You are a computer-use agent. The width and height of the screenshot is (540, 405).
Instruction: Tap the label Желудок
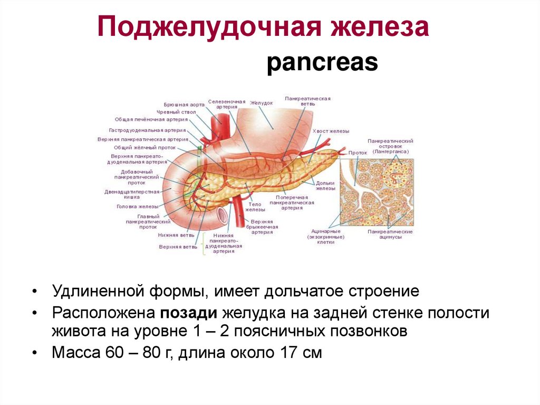coord(262,103)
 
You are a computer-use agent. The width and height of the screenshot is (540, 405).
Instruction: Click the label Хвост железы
coord(331,131)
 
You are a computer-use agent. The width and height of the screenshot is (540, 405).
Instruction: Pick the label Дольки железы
coord(326,185)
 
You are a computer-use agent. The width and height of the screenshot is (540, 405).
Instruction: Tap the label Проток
coord(358,153)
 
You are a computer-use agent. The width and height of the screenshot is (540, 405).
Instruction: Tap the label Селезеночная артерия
coord(227,103)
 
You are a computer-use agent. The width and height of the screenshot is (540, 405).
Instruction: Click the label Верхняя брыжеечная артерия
coord(262,227)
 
